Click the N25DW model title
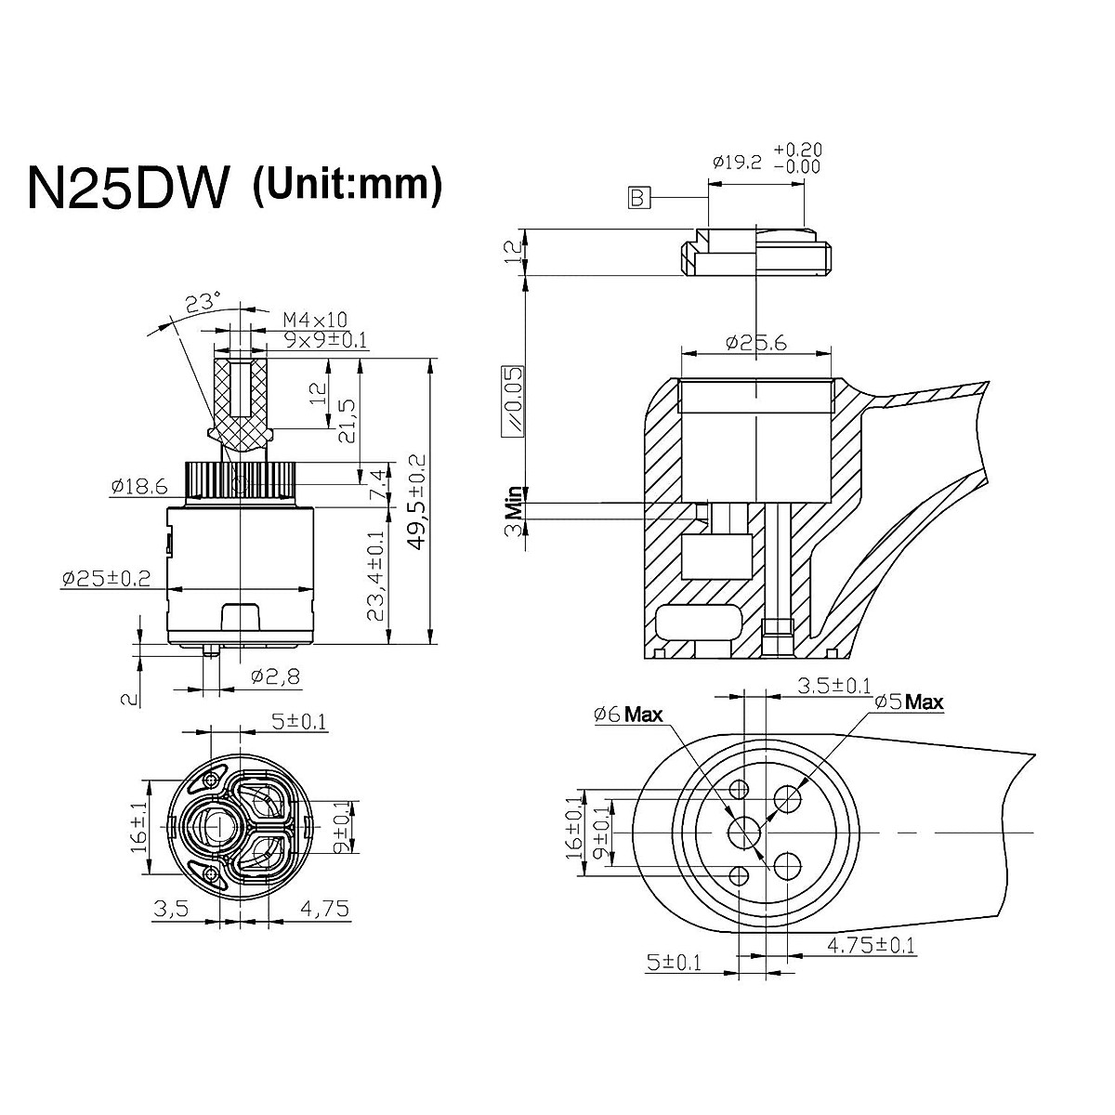[x=127, y=189]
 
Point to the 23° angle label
[x=202, y=303]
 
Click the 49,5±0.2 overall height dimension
[x=417, y=502]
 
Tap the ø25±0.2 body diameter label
[x=106, y=578]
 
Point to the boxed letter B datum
[x=637, y=198]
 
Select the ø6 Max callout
[x=628, y=715]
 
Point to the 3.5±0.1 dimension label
[x=834, y=686]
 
